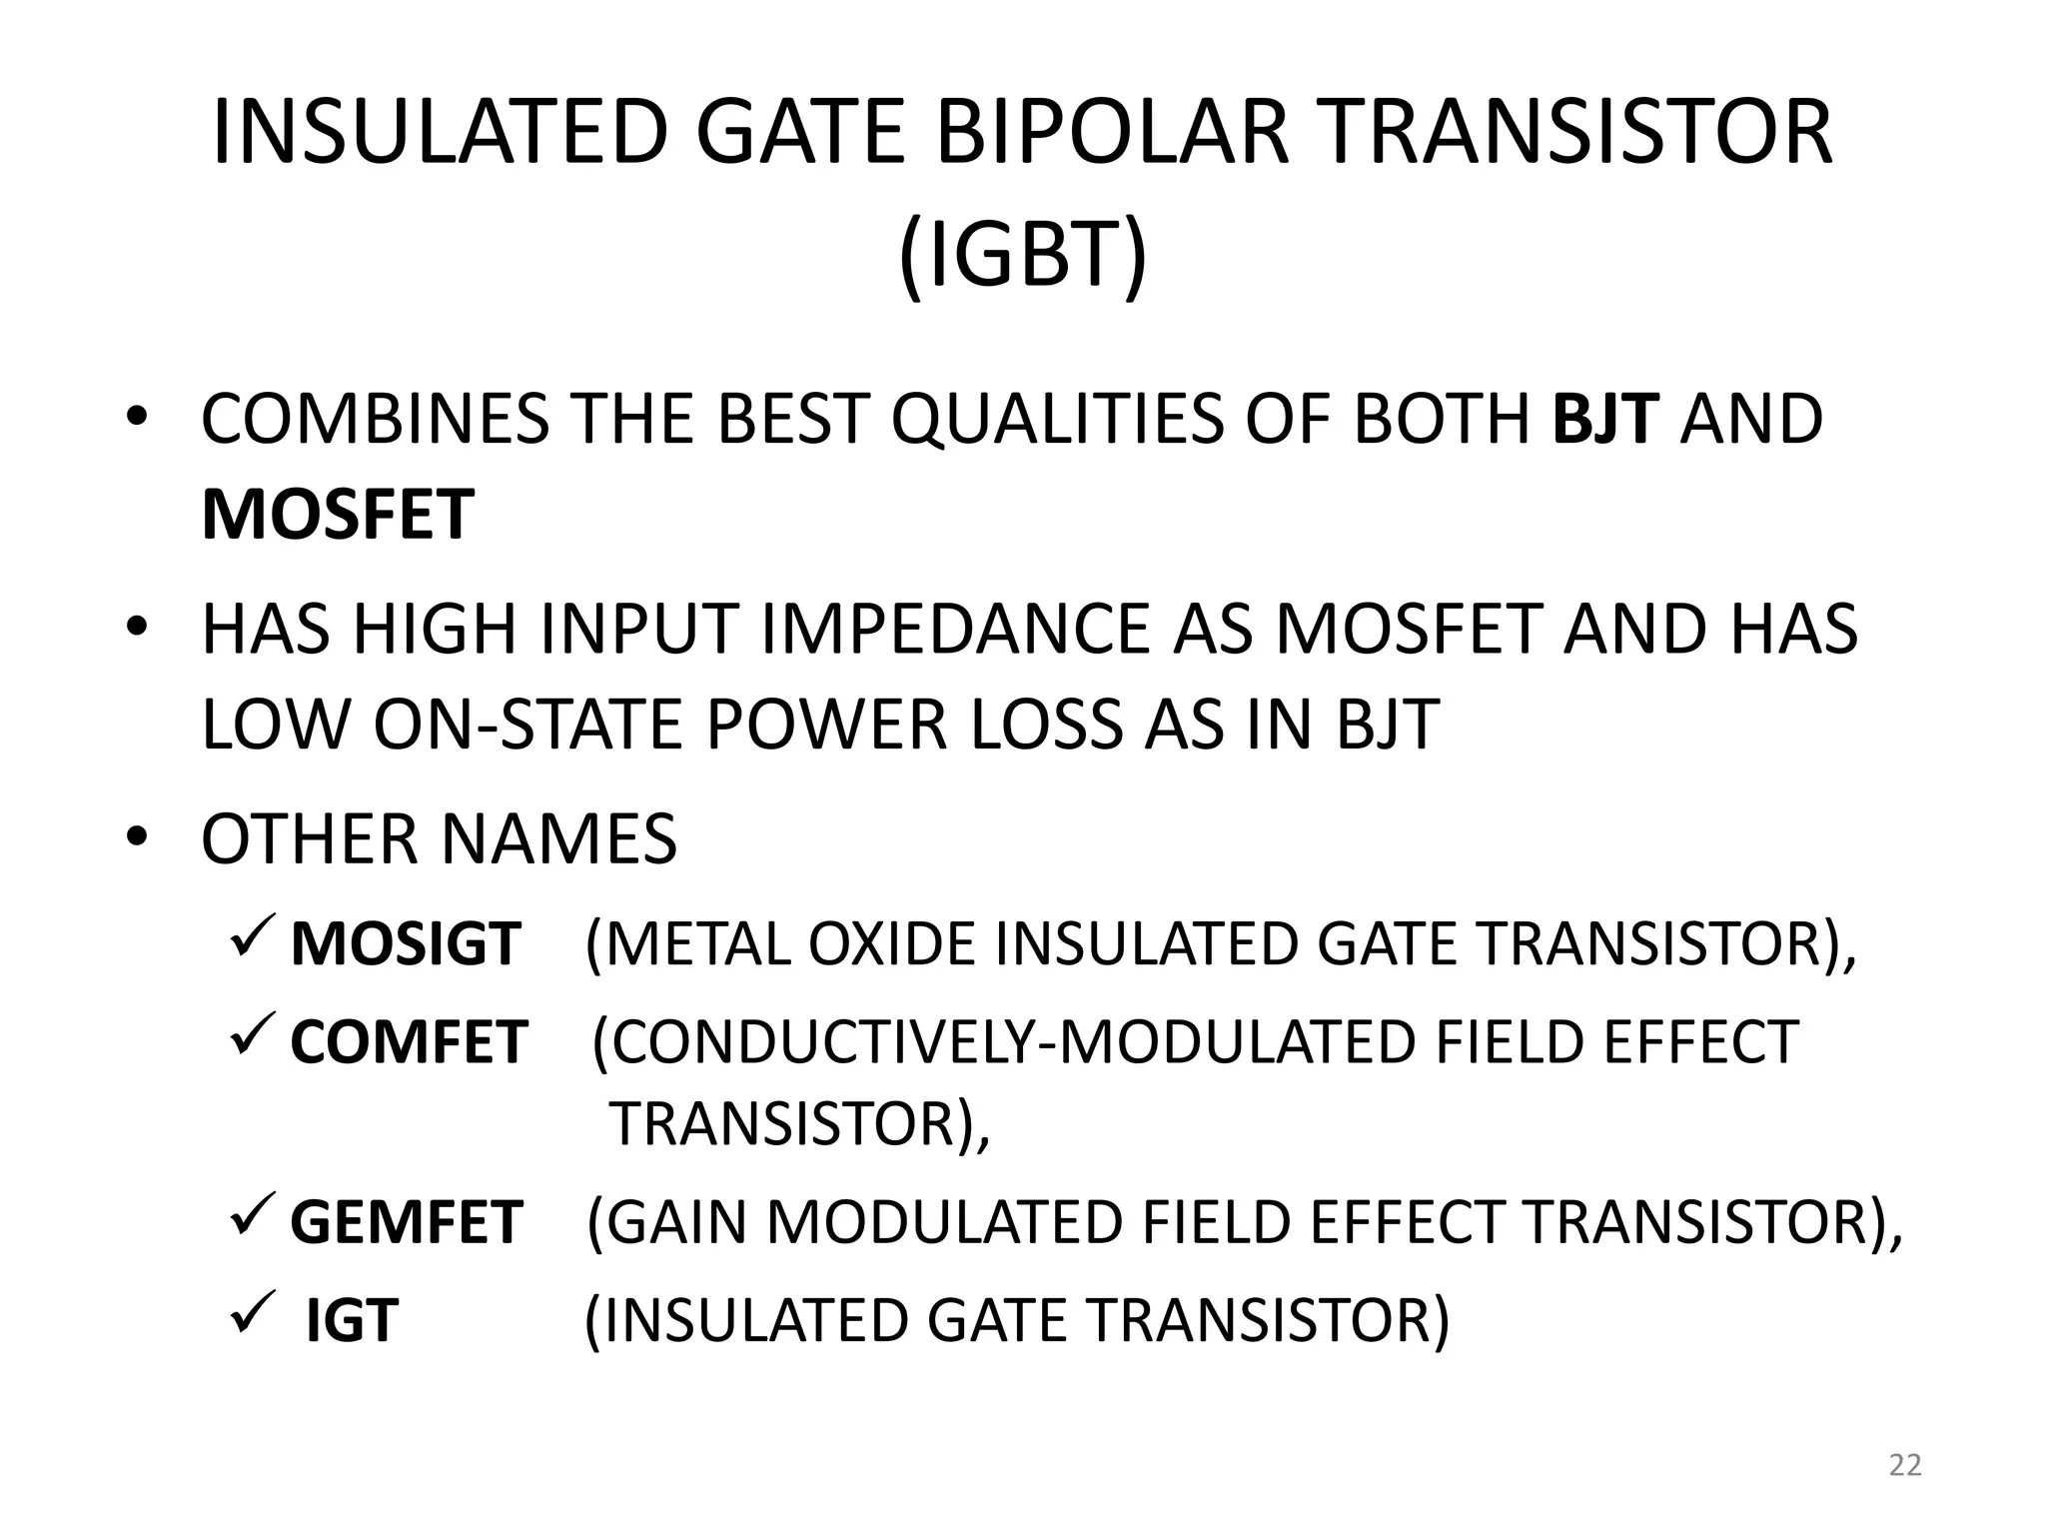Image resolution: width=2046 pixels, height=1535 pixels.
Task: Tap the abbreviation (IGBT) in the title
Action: pos(1022,255)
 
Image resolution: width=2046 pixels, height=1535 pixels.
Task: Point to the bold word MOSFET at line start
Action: pos(337,516)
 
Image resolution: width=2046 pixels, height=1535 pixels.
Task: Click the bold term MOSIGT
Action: pos(405,943)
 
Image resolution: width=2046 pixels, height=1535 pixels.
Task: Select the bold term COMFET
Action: pos(408,1042)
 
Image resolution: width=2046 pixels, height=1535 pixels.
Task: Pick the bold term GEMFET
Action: pos(406,1221)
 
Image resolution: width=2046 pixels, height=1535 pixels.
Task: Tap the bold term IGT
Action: pos(352,1320)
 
